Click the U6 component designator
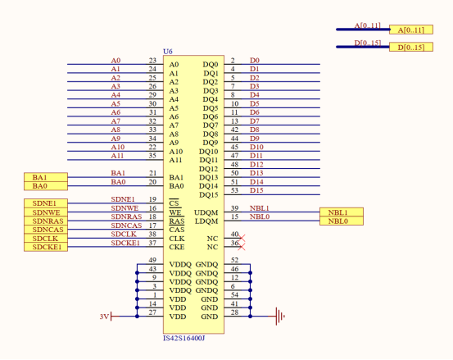pos(168,51)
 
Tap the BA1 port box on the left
pos(45,177)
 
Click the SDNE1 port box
pos(45,203)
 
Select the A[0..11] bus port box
pos(409,30)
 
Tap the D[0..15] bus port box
pos(409,48)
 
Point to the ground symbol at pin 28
pos(280,314)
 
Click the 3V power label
pos(103,315)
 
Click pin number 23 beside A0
pos(152,61)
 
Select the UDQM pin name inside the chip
pos(206,212)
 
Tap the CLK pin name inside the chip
pos(175,239)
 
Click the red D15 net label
pos(256,190)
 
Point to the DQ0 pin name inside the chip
pos(210,64)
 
